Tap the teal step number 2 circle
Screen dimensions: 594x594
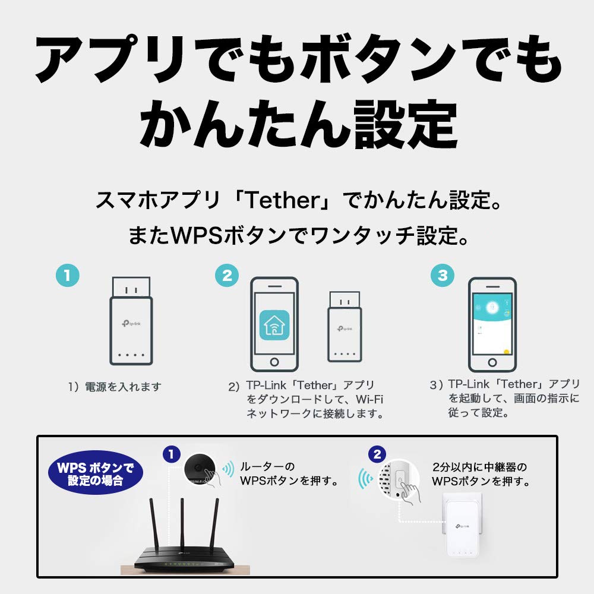click(x=227, y=276)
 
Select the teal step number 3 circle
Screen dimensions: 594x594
click(x=442, y=276)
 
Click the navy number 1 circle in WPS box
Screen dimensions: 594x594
click(x=171, y=454)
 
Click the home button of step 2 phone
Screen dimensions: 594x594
click(x=274, y=362)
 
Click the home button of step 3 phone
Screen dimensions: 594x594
click(x=492, y=362)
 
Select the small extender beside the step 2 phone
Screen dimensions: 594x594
click(x=345, y=327)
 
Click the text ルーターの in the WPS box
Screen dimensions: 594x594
click(x=267, y=466)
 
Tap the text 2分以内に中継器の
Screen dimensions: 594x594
click(x=480, y=466)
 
